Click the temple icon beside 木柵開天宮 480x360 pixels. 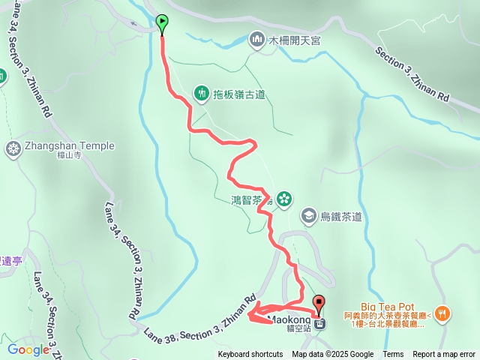(257, 38)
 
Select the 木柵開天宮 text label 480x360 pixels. (295, 40)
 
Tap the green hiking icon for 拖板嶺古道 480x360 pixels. (202, 93)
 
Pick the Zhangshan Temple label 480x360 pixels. (57, 146)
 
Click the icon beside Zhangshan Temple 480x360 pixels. (13, 148)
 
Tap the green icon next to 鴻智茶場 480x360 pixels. (284, 199)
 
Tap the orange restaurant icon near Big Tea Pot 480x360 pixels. (443, 313)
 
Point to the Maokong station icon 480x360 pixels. (320, 324)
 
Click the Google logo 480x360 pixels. (28, 349)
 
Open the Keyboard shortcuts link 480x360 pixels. (250, 355)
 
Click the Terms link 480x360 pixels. (393, 355)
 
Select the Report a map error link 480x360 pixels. (444, 355)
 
